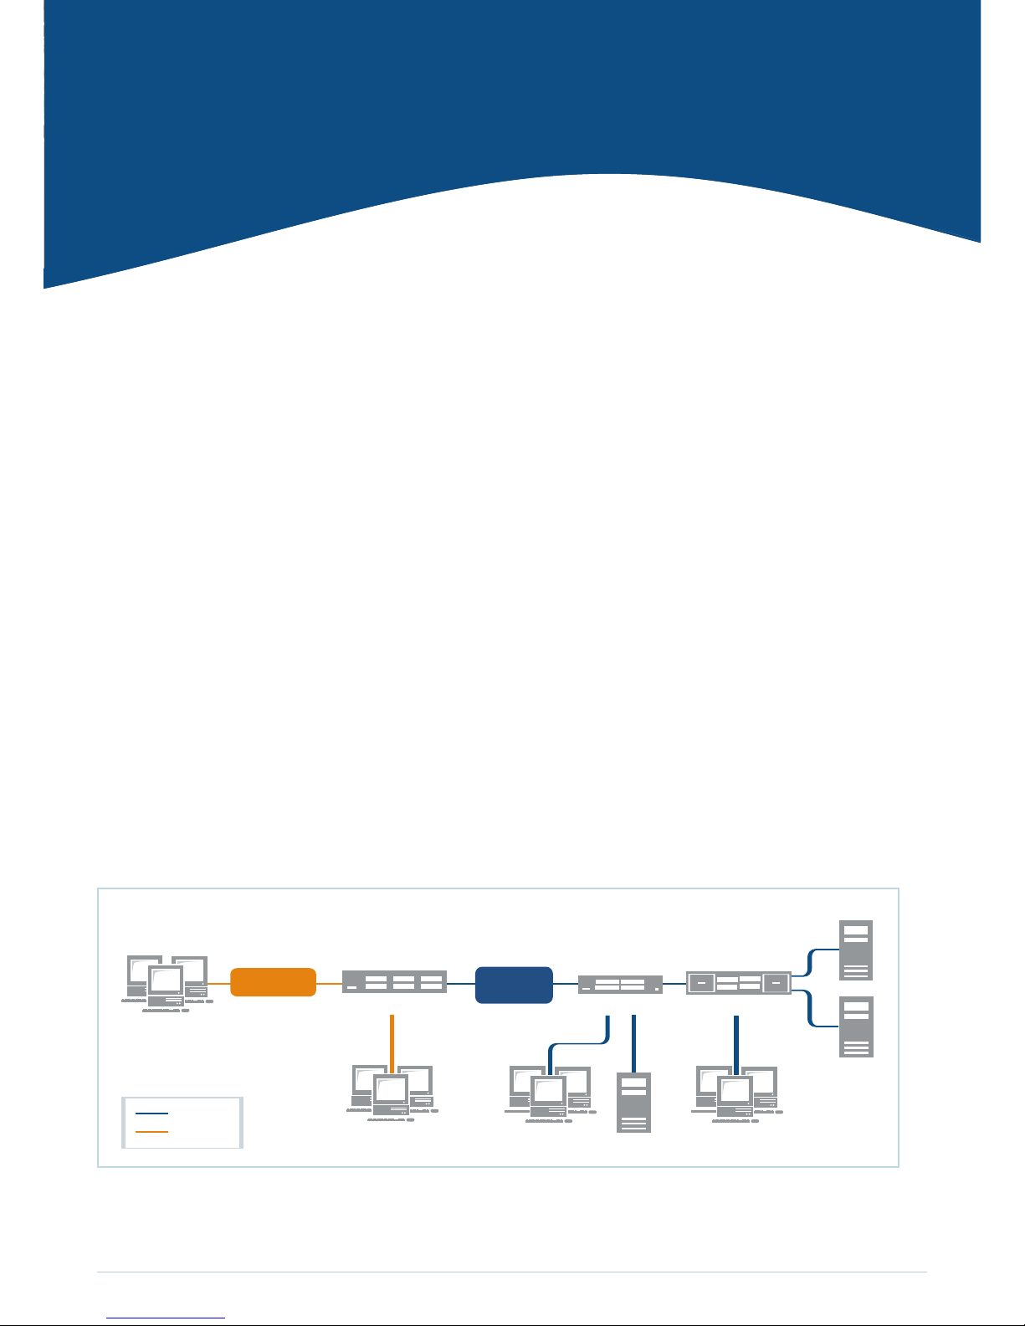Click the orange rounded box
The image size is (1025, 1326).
click(273, 982)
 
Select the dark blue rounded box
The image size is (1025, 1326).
click(514, 985)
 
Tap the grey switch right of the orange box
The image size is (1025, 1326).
click(394, 982)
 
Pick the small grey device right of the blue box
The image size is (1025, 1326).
click(620, 985)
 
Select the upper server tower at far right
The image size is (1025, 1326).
click(856, 950)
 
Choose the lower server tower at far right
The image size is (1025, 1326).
click(856, 1026)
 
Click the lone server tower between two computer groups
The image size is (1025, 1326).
click(633, 1102)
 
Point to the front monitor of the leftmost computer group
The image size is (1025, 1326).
click(165, 980)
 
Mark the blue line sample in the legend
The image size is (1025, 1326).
click(151, 1114)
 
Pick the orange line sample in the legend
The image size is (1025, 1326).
click(151, 1132)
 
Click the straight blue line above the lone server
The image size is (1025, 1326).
click(634, 1042)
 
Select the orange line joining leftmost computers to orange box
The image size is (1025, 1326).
click(218, 983)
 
